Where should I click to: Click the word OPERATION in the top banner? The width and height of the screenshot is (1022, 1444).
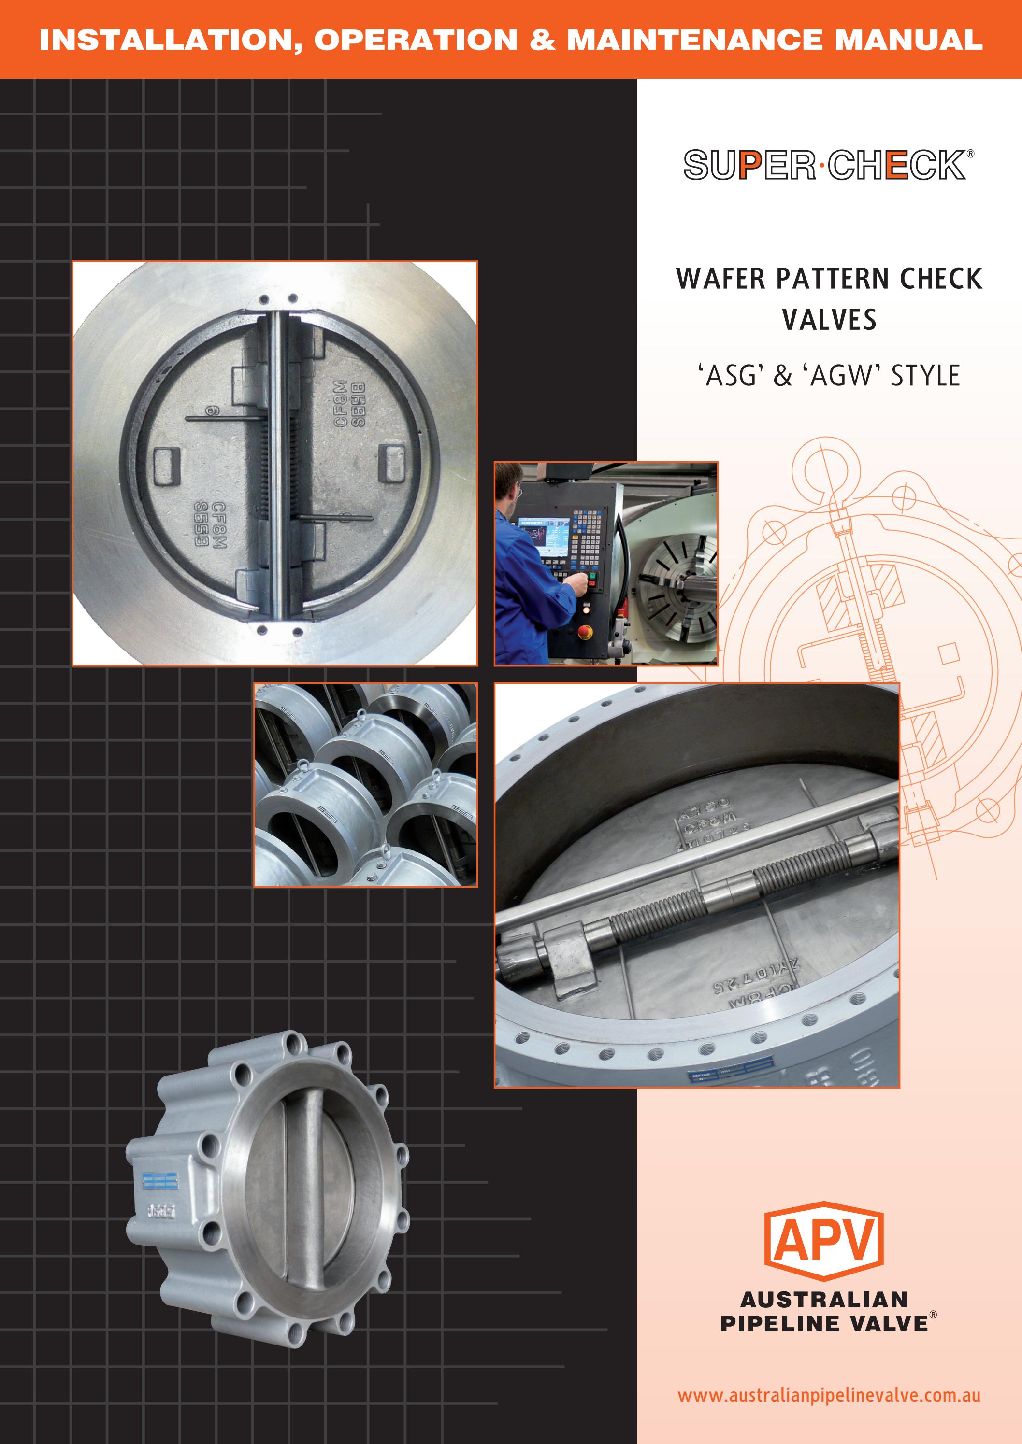416,40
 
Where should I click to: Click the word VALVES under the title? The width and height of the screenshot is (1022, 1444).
829,320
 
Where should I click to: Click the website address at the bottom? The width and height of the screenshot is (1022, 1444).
828,1395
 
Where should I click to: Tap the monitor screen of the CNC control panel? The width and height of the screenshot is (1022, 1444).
543,536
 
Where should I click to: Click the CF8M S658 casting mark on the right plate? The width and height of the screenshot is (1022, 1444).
348,404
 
